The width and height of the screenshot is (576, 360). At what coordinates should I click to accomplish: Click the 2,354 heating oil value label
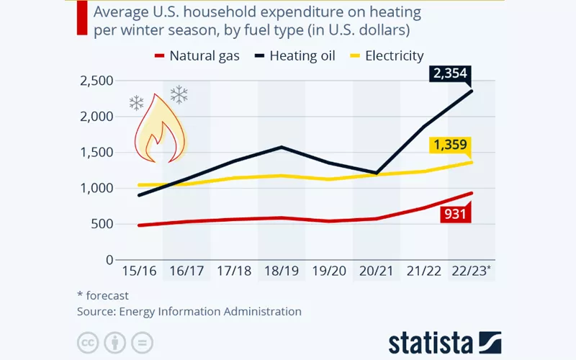(450, 73)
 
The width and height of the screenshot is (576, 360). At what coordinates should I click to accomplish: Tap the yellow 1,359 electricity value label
(451, 146)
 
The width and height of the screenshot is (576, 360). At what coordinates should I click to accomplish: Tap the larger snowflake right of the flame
(179, 94)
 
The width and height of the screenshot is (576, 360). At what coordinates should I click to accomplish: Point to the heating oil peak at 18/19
(281, 147)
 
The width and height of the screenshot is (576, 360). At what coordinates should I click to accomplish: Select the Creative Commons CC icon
(88, 342)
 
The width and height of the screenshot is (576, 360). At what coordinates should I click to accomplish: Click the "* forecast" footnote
(104, 295)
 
